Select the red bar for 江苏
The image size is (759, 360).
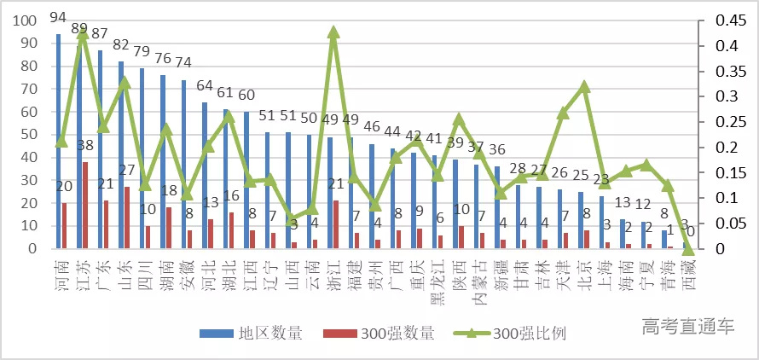[x=84, y=206]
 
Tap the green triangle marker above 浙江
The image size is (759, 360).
[x=333, y=32]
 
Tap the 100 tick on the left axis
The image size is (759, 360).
[x=26, y=20]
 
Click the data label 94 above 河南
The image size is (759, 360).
[x=59, y=17]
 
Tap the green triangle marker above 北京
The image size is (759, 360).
[x=584, y=87]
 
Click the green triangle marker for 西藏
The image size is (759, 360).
[x=688, y=249]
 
